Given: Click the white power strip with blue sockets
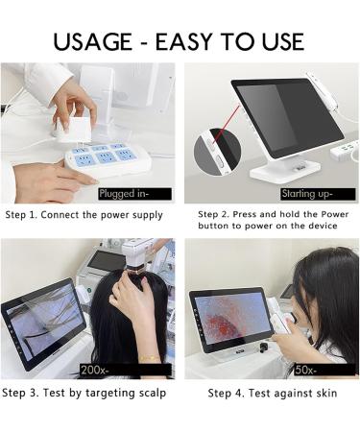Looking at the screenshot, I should [102, 160].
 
